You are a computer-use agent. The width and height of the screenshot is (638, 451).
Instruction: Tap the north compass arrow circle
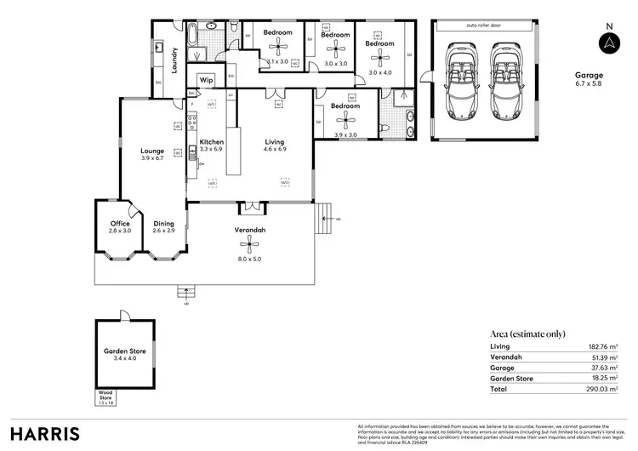tap(608, 44)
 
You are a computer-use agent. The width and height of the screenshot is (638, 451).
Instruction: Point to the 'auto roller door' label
tap(483, 26)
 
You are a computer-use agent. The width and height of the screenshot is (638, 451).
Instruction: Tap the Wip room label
tap(206, 79)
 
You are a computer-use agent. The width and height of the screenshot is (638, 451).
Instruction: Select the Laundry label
tap(174, 60)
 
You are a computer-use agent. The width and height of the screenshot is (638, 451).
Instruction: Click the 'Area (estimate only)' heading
tap(528, 334)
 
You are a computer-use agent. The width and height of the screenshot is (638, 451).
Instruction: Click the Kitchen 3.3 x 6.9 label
tap(211, 146)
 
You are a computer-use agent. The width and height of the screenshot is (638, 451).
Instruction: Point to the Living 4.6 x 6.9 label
tap(274, 146)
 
